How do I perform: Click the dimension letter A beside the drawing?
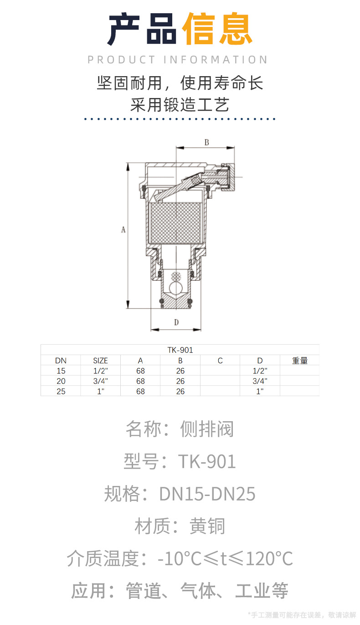click(x=123, y=230)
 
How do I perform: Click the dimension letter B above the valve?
click(x=206, y=142)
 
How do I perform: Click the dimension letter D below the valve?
click(x=176, y=322)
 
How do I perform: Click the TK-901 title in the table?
click(x=180, y=350)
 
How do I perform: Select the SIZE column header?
click(x=100, y=361)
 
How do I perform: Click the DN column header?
click(x=61, y=361)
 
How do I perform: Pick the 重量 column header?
click(x=300, y=361)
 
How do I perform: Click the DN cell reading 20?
click(x=61, y=381)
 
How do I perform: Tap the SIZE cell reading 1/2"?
click(x=100, y=371)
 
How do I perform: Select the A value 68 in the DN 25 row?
click(x=140, y=391)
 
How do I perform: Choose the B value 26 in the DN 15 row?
click(x=180, y=371)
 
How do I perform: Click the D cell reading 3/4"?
click(x=260, y=381)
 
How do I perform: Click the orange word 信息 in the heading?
click(x=217, y=30)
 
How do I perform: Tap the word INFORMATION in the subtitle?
click(x=216, y=60)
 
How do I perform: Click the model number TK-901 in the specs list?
click(x=207, y=461)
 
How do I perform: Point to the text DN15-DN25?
click(x=207, y=494)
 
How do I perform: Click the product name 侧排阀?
click(x=207, y=429)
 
